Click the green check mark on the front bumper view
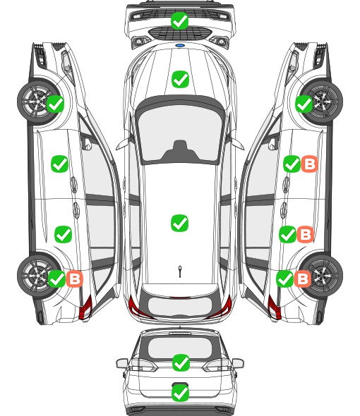tap(179, 20)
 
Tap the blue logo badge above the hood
tap(180, 45)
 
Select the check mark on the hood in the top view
tap(180, 79)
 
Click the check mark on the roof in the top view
tap(179, 223)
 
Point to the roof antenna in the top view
tap(180, 271)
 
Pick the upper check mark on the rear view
tap(181, 362)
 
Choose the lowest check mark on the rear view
tap(181, 393)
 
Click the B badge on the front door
tap(309, 164)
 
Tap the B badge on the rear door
tap(305, 234)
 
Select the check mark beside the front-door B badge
tap(292, 164)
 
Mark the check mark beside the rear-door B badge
tap(287, 234)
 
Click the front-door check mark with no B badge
tap(60, 164)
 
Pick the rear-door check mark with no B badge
tap(64, 234)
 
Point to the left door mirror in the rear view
tap(122, 363)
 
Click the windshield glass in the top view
tap(180, 132)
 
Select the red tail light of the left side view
tap(85, 307)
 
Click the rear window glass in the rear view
tap(180, 348)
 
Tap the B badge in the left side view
tap(75, 279)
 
